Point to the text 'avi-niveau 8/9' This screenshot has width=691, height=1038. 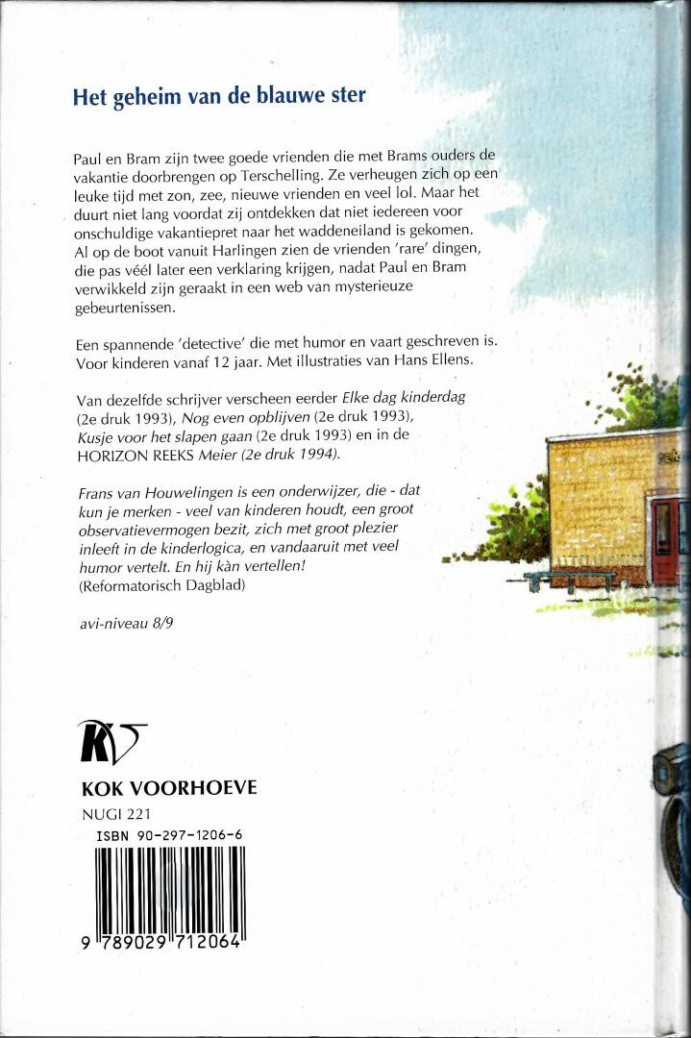[119, 624]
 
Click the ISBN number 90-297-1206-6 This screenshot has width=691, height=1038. [169, 837]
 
